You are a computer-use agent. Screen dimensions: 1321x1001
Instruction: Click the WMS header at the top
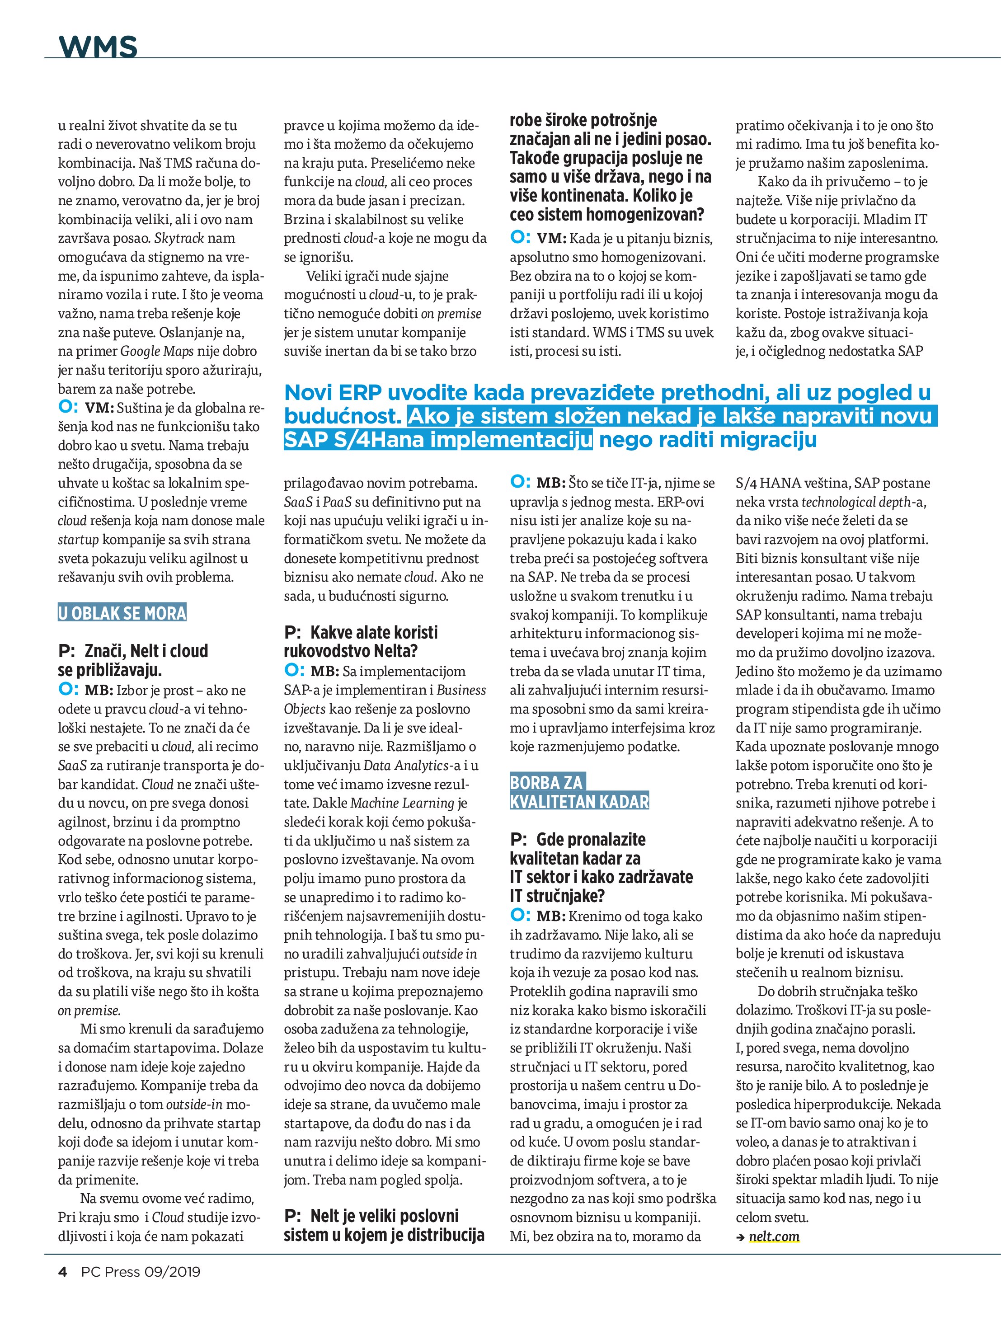coord(98,46)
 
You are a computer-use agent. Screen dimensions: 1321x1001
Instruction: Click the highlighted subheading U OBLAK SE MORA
coord(122,613)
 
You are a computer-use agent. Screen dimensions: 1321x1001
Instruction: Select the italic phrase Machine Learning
coord(403,803)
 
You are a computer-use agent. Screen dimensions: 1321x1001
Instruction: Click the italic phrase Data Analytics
coord(406,766)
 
